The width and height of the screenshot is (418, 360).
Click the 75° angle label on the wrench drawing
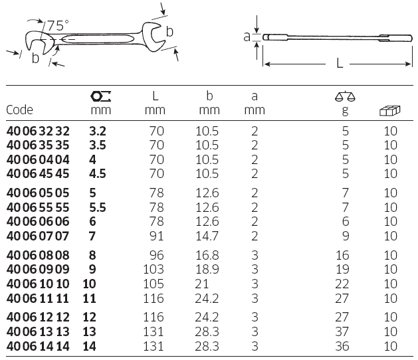point(58,26)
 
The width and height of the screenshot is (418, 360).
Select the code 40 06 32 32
point(38,131)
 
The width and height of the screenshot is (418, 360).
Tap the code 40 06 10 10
point(38,284)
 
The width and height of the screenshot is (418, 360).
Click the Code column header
point(19,110)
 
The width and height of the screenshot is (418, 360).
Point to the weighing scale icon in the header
point(345,96)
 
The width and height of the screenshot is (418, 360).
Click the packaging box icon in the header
point(389,110)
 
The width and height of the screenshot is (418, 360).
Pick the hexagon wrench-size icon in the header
point(100,96)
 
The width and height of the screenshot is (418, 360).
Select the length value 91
point(156,236)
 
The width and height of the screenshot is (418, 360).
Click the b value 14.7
point(207,236)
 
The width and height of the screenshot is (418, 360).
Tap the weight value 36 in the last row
point(342,346)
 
